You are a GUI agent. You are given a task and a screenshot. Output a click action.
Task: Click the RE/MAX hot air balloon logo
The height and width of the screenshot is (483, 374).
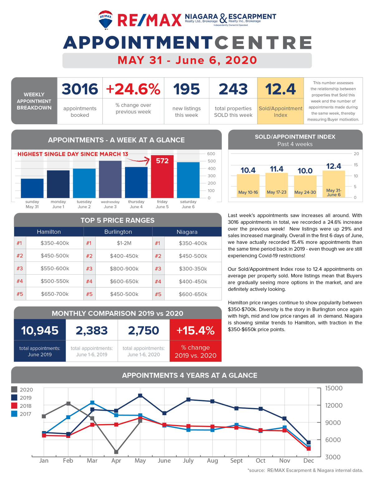coord(105,20)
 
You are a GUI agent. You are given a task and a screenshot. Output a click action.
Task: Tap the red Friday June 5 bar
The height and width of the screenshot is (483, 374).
coord(162,176)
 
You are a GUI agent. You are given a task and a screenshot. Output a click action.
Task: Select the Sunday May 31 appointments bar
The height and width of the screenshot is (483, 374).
coord(32,188)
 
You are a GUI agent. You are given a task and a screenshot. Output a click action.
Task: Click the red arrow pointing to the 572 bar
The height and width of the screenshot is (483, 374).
coord(138,160)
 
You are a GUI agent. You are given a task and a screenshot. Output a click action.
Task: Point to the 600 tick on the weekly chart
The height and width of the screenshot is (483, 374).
coord(211,154)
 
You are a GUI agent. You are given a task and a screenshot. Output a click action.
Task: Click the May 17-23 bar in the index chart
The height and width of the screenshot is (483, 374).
coord(276,185)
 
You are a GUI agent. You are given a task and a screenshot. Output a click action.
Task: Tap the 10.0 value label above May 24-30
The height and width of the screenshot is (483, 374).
coord(305,171)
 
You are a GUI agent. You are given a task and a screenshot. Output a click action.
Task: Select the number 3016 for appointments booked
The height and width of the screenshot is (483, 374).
coord(80,89)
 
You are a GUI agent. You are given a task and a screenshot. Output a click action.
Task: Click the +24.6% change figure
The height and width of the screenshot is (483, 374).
coord(133,89)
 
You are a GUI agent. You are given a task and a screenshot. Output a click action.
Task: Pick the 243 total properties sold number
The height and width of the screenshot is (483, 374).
coord(233,89)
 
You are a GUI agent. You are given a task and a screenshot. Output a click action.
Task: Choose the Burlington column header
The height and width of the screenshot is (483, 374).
coord(118,232)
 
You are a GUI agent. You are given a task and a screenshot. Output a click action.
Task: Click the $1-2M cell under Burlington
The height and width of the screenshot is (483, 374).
coord(124,243)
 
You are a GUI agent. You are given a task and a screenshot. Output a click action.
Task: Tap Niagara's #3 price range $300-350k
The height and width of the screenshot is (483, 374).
coord(193,268)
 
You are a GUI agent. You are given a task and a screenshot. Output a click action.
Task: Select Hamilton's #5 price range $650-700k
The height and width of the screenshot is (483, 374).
coord(55,294)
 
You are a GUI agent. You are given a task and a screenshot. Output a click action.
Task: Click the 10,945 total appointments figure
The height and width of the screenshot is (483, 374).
coord(40,331)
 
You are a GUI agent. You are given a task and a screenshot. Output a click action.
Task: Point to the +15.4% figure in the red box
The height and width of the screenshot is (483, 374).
coord(195,331)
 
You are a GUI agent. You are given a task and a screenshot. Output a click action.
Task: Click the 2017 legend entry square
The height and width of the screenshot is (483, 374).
coord(14,414)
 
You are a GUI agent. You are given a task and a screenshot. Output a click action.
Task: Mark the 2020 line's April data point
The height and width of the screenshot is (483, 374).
coord(116,452)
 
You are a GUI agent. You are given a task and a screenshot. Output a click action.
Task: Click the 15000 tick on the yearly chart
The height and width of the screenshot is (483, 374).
coord(334,388)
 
